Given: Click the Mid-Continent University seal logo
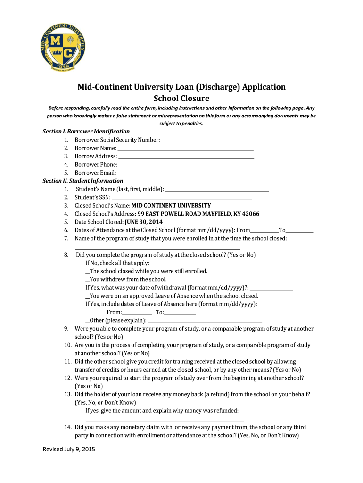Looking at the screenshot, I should coord(63,45).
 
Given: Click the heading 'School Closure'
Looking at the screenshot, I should coord(181,98).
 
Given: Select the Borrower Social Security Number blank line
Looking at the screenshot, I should coord(214,141).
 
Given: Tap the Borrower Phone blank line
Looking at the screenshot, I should coord(187,166).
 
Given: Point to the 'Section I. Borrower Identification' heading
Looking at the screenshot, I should coord(86,132).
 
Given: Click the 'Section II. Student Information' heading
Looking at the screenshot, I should coord(83,181).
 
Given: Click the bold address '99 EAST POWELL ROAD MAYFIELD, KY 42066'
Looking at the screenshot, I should coord(198,214).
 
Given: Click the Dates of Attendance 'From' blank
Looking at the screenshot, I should coord(264,232).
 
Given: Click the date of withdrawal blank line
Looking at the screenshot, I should coord(271,289).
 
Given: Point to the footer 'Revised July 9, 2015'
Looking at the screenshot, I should coord(69,450).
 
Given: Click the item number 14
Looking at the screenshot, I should coord(67,427).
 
